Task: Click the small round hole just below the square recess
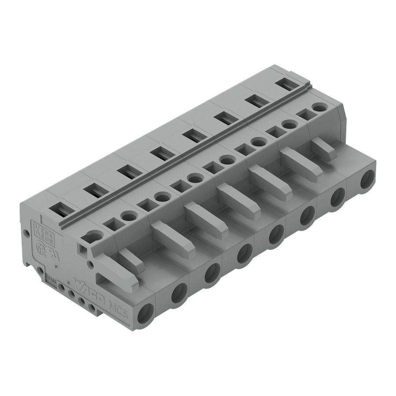click(x=90, y=264)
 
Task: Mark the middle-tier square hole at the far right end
click(x=303, y=114)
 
